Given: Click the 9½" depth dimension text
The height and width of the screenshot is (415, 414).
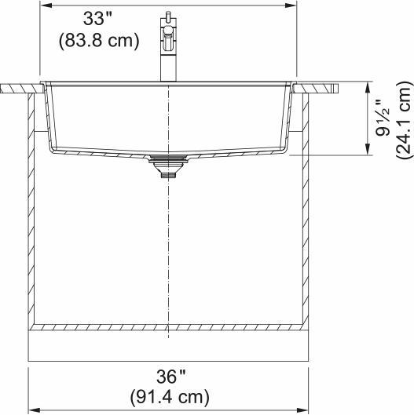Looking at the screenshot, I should (x=383, y=118).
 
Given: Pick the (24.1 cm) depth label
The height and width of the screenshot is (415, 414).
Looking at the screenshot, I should (x=403, y=118).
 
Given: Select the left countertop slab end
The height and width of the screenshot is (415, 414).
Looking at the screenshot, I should (x=16, y=88).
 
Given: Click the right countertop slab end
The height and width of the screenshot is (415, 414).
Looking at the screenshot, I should (x=321, y=87).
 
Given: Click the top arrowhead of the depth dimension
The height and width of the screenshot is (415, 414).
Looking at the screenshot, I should (x=368, y=85).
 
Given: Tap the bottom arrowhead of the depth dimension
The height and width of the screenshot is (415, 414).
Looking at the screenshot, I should (x=368, y=151).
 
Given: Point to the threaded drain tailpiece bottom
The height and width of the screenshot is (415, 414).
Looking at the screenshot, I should (x=168, y=176).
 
